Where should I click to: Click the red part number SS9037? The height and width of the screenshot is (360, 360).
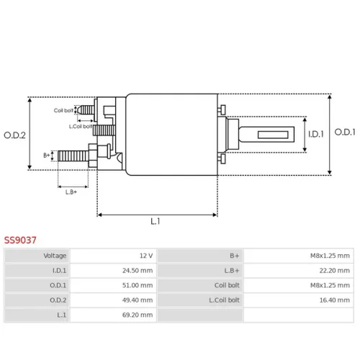20,240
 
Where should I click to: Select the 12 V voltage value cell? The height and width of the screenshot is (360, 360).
146,256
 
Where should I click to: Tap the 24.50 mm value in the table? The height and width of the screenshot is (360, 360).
138,271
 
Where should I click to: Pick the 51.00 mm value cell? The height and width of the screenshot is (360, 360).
138,285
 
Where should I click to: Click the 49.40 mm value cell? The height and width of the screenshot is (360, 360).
138,300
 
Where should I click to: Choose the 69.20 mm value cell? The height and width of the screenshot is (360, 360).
138,315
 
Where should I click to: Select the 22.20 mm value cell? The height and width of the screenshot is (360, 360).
335,271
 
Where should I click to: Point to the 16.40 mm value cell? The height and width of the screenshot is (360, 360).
335,300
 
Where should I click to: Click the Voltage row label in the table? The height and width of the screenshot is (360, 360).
55,256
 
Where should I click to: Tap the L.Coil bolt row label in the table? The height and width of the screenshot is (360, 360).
224,300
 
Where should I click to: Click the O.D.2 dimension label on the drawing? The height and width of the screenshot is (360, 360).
14,135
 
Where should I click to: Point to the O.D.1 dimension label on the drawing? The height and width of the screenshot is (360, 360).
345,132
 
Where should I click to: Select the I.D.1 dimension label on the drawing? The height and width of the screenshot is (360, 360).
316,134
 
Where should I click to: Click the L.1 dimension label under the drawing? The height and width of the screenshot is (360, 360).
156,221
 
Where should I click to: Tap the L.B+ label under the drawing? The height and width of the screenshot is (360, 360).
71,192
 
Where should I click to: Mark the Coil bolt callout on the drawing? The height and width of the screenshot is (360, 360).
63,110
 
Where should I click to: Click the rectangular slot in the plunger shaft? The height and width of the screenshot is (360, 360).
273,135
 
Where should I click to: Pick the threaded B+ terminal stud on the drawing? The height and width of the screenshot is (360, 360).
73,156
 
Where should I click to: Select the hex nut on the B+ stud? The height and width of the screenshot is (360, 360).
93,156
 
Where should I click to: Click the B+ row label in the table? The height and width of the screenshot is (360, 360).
235,256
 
